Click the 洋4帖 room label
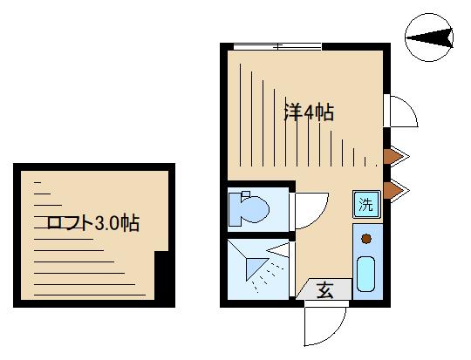tap(309, 112)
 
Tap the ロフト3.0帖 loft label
tap(92, 223)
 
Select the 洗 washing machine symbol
tap(366, 204)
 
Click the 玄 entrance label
tap(325, 289)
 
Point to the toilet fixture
tap(249, 208)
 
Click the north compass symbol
tap(429, 37)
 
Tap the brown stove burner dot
tap(366, 239)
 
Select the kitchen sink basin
tap(365, 274)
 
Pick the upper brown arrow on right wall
tap(396, 156)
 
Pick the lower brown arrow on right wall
tap(396, 190)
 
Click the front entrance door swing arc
tap(332, 333)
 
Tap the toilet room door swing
tap(317, 217)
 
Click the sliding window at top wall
tap(277, 46)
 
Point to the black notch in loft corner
tap(161, 275)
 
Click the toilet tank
tap(235, 209)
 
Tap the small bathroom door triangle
tap(278, 250)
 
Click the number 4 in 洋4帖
tap(309, 113)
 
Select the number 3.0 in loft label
tap(107, 223)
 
